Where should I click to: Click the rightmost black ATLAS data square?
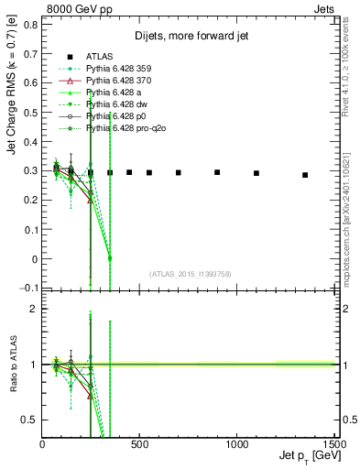[x=305, y=175]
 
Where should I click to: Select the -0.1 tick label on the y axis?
[x=29, y=289]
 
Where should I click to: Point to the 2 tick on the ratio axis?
[x=34, y=310]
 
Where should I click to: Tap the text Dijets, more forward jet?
[x=189, y=37]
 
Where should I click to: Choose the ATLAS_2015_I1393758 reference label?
[x=190, y=274]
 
